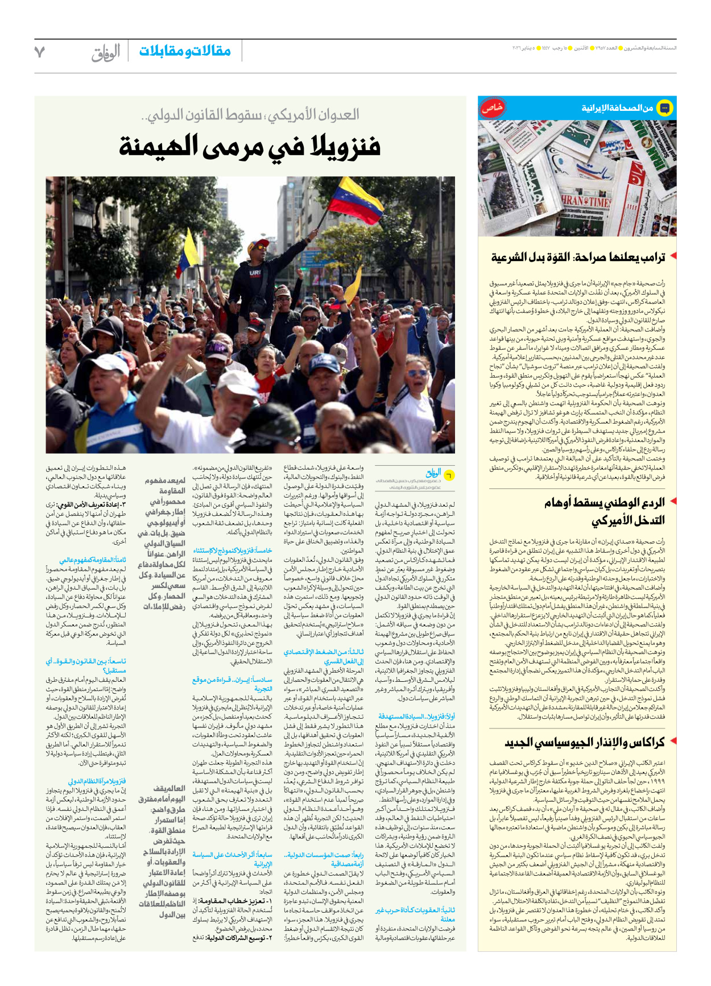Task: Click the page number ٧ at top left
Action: click(x=40, y=52)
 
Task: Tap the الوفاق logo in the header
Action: click(x=106, y=52)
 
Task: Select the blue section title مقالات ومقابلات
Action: click(x=185, y=51)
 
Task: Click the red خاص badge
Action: click(x=492, y=107)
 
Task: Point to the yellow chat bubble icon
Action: click(x=664, y=107)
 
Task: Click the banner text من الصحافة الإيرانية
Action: click(x=617, y=108)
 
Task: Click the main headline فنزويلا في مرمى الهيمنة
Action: click(x=250, y=147)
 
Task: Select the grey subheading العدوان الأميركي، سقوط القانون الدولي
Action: click(x=250, y=115)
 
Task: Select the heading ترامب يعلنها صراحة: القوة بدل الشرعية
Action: click(x=578, y=258)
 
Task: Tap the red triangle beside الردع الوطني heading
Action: click(x=673, y=501)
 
